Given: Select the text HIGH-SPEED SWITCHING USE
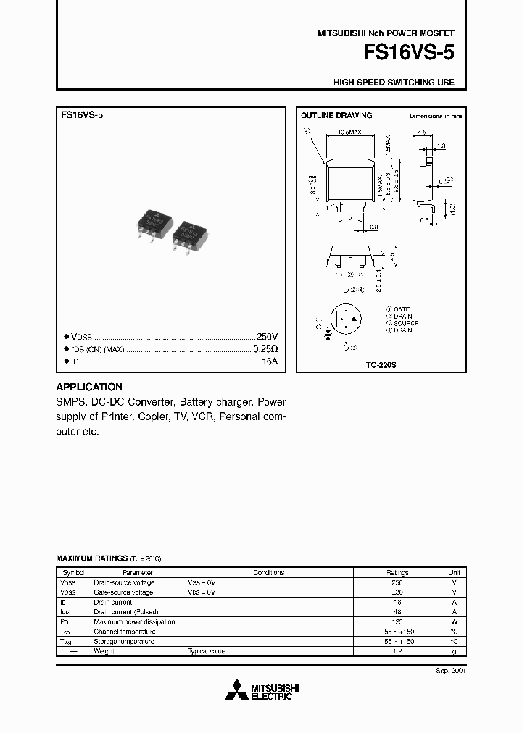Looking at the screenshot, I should pyautogui.click(x=394, y=83).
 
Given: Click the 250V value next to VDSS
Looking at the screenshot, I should pyautogui.click(x=267, y=338).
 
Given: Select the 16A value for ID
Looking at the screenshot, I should pyautogui.click(x=270, y=361).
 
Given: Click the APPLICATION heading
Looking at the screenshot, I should pyautogui.click(x=89, y=387).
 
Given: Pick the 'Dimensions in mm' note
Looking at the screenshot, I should pyautogui.click(x=435, y=116).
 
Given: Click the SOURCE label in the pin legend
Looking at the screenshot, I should pyautogui.click(x=405, y=323).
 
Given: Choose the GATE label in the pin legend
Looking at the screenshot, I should pyautogui.click(x=402, y=309).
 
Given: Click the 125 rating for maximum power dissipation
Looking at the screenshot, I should pyautogui.click(x=396, y=621).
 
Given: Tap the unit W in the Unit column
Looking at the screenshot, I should pyautogui.click(x=454, y=621).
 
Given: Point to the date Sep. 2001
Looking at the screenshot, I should pyautogui.click(x=448, y=671).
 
